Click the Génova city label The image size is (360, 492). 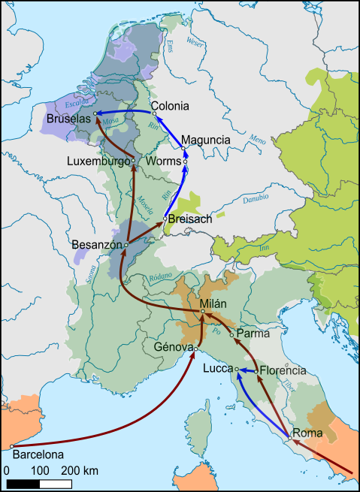point(174,348)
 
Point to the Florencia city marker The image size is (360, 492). point(257,371)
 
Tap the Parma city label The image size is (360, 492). point(252,333)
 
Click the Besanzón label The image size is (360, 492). point(97,245)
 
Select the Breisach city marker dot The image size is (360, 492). point(165,219)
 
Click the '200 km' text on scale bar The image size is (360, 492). point(80,470)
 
